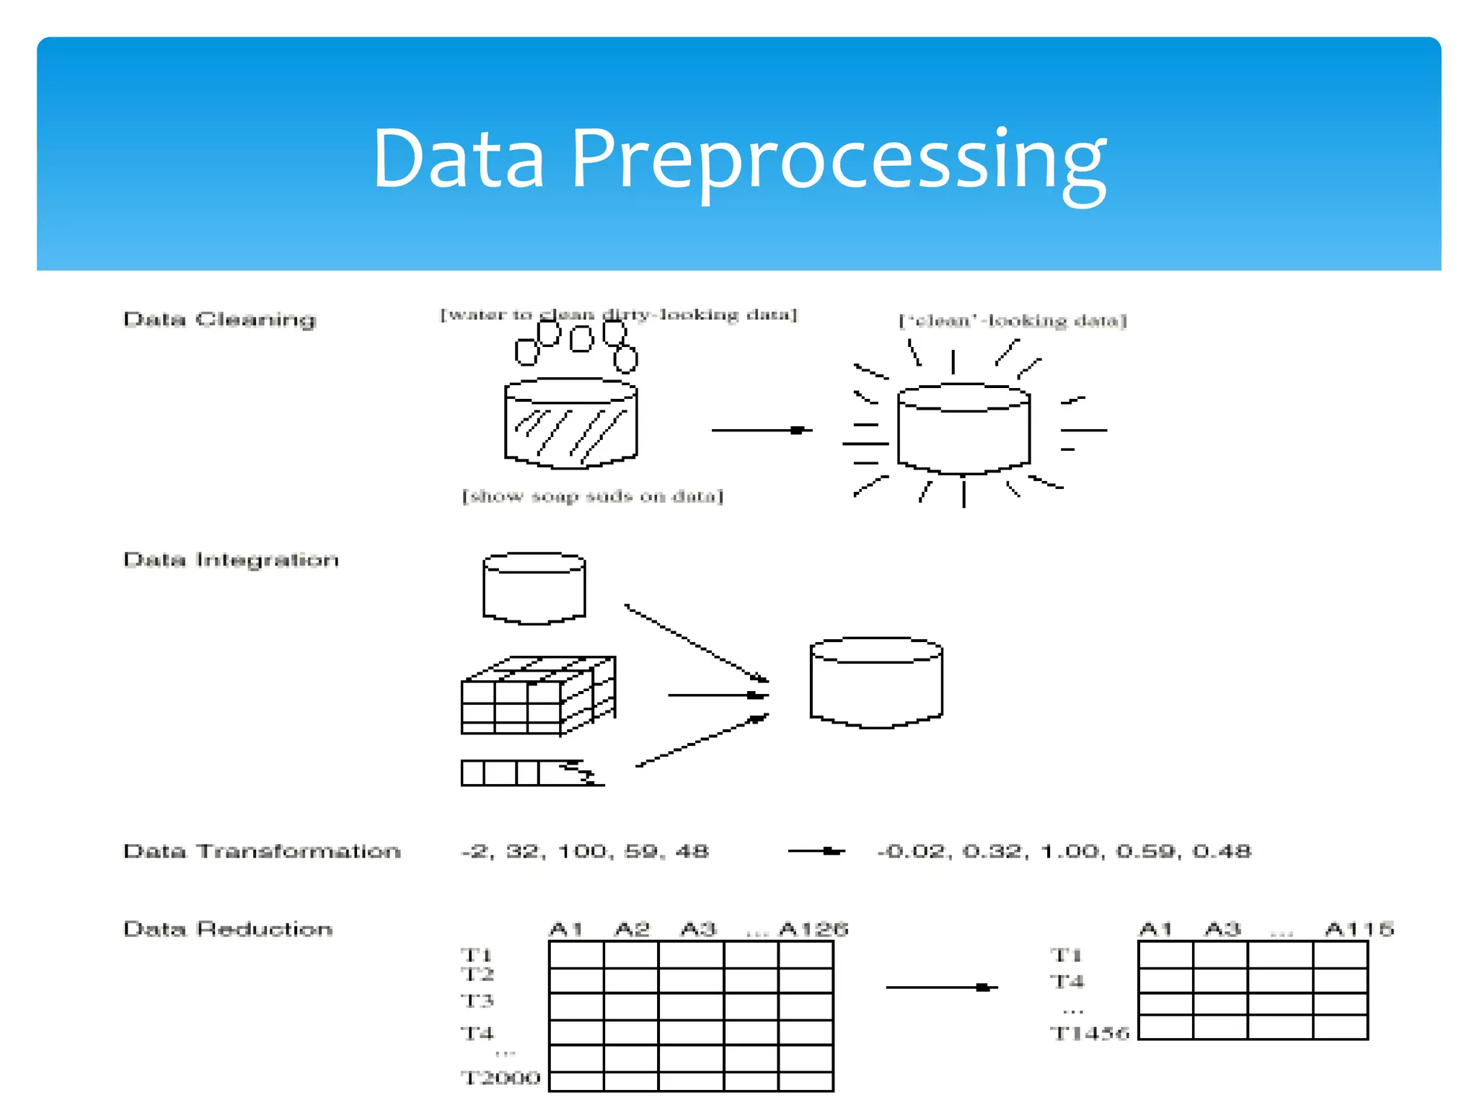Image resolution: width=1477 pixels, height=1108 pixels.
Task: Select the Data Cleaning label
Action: (x=219, y=320)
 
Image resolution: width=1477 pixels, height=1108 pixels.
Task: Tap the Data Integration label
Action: (x=231, y=560)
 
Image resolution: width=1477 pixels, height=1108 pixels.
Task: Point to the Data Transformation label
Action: (x=262, y=851)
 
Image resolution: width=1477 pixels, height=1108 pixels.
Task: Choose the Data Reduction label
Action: (x=228, y=929)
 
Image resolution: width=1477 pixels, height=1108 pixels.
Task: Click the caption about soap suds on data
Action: (x=592, y=496)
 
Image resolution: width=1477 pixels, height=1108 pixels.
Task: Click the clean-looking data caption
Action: (x=1012, y=320)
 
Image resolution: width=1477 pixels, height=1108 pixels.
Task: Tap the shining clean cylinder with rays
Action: (x=964, y=429)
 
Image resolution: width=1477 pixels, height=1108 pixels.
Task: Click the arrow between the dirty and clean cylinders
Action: (x=761, y=430)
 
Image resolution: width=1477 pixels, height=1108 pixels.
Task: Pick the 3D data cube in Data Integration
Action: (x=537, y=696)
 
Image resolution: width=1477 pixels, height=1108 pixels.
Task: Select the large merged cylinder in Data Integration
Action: (x=876, y=683)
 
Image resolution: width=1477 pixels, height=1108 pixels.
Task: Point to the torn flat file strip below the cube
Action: (x=532, y=773)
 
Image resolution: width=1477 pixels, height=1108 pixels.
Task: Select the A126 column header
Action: (x=814, y=929)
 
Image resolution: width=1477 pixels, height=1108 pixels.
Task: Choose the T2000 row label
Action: (x=501, y=1078)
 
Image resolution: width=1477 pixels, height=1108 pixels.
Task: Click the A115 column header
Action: (x=1359, y=929)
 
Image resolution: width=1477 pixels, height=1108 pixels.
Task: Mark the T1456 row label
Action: (x=1089, y=1033)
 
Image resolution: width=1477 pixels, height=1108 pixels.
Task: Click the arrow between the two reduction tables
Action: (x=941, y=987)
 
